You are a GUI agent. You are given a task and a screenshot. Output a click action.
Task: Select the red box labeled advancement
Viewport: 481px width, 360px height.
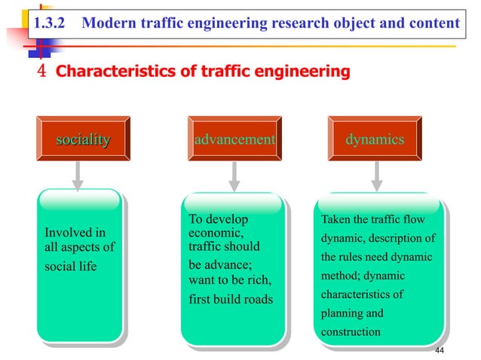pos(234,139)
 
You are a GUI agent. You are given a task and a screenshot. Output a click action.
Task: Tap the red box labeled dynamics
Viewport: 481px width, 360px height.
pos(375,139)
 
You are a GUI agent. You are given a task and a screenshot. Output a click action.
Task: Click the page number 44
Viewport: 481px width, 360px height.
pos(442,351)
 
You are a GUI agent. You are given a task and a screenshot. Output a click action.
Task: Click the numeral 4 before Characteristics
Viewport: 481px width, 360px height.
pos(42,72)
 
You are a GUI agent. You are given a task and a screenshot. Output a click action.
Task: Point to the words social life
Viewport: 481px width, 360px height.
pos(71,267)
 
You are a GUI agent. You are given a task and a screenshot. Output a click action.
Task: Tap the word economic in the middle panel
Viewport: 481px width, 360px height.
pos(210,233)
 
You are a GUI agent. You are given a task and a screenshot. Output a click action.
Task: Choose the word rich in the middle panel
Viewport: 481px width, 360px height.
pos(256,281)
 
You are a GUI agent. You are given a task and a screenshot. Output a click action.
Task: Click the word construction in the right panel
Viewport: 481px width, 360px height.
pos(351,331)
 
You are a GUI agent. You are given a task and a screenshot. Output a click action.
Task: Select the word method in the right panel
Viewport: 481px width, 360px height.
pos(342,276)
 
